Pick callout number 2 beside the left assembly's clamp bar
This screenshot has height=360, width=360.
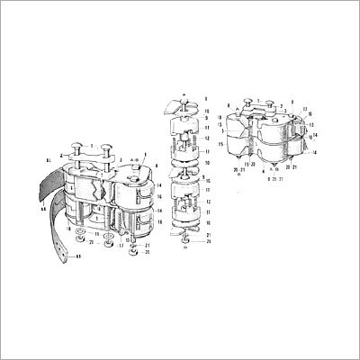click(x=53, y=155)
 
